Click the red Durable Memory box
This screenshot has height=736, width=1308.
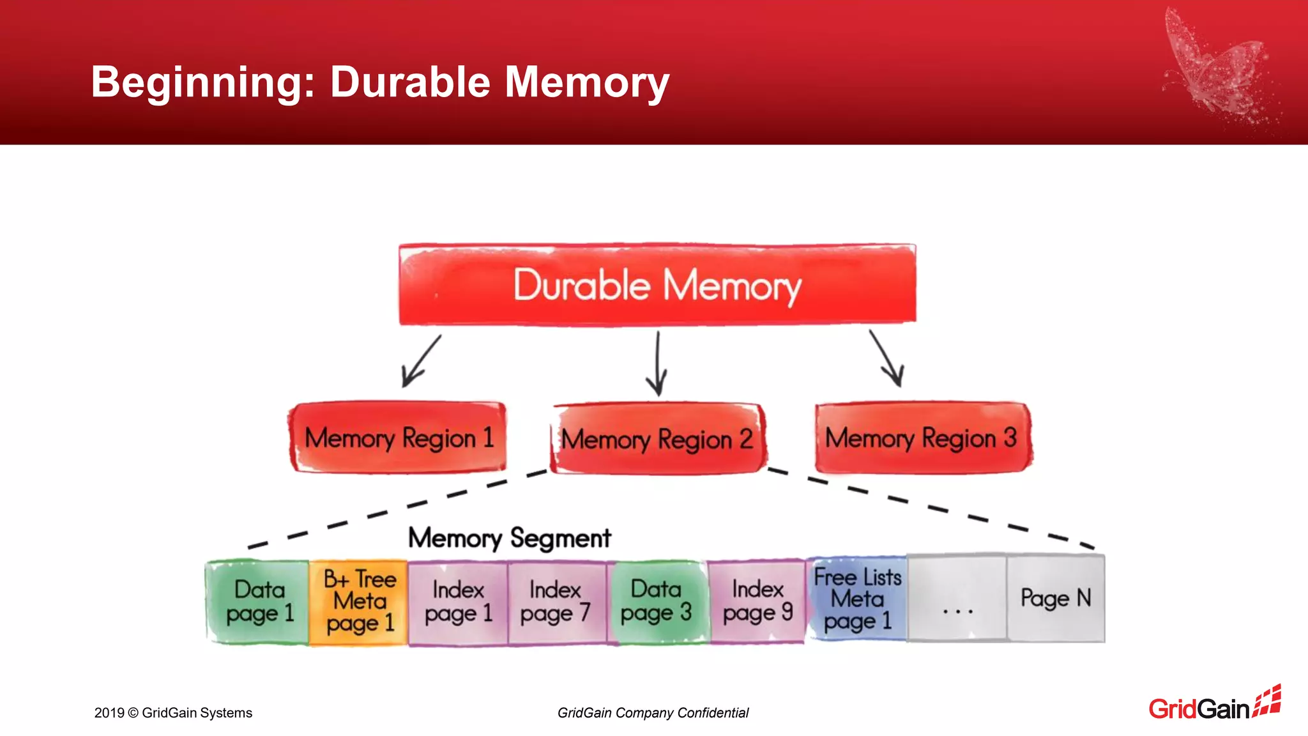[x=657, y=285]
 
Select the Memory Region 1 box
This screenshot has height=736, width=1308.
[x=398, y=438]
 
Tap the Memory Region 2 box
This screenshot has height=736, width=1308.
[x=657, y=440]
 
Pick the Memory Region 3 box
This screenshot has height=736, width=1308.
[x=922, y=438]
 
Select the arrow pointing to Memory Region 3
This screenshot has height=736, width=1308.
[x=886, y=359]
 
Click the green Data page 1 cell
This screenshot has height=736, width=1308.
[x=258, y=602]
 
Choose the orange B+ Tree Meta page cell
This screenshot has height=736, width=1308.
[x=359, y=602]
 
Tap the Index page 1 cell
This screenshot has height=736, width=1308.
[x=458, y=602]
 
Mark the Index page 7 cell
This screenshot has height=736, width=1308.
[x=556, y=602]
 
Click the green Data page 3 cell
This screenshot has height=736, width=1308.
[x=657, y=602]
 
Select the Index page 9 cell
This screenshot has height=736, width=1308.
[x=757, y=602]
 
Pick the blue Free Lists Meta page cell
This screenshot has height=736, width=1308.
[x=857, y=599]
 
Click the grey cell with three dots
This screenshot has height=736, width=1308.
[x=957, y=599]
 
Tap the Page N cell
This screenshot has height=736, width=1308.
[x=1056, y=598]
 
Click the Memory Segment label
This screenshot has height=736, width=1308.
[x=509, y=538]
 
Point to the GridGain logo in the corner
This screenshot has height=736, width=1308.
[x=1214, y=705]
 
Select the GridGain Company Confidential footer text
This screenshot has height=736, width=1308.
[x=653, y=713]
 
